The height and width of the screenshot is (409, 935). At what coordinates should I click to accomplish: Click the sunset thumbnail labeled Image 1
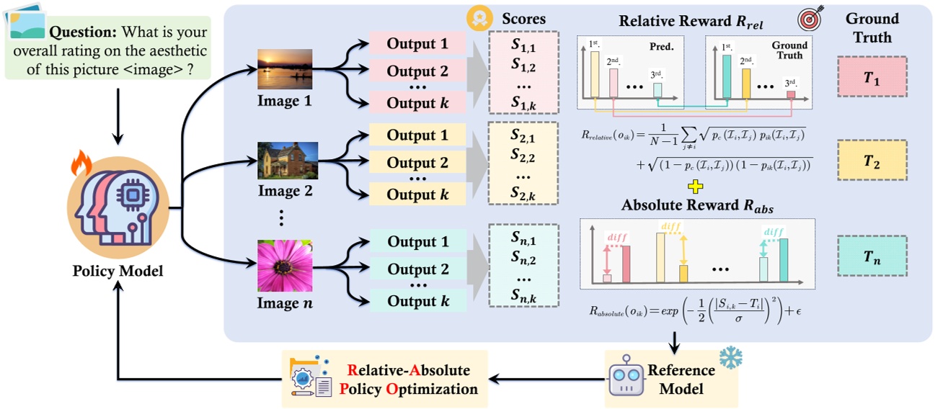click(285, 69)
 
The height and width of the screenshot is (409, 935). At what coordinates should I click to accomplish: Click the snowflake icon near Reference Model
click(730, 357)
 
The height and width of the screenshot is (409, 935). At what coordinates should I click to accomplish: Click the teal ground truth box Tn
click(872, 256)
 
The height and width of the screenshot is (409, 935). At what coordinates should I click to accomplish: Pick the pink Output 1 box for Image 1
click(417, 43)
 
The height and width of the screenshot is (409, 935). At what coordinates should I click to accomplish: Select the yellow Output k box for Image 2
click(417, 194)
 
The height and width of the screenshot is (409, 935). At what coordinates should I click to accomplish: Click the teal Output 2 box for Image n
click(417, 270)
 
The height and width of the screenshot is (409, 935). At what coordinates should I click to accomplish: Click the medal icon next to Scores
click(476, 19)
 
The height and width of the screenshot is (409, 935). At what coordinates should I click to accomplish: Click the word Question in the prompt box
click(84, 33)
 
